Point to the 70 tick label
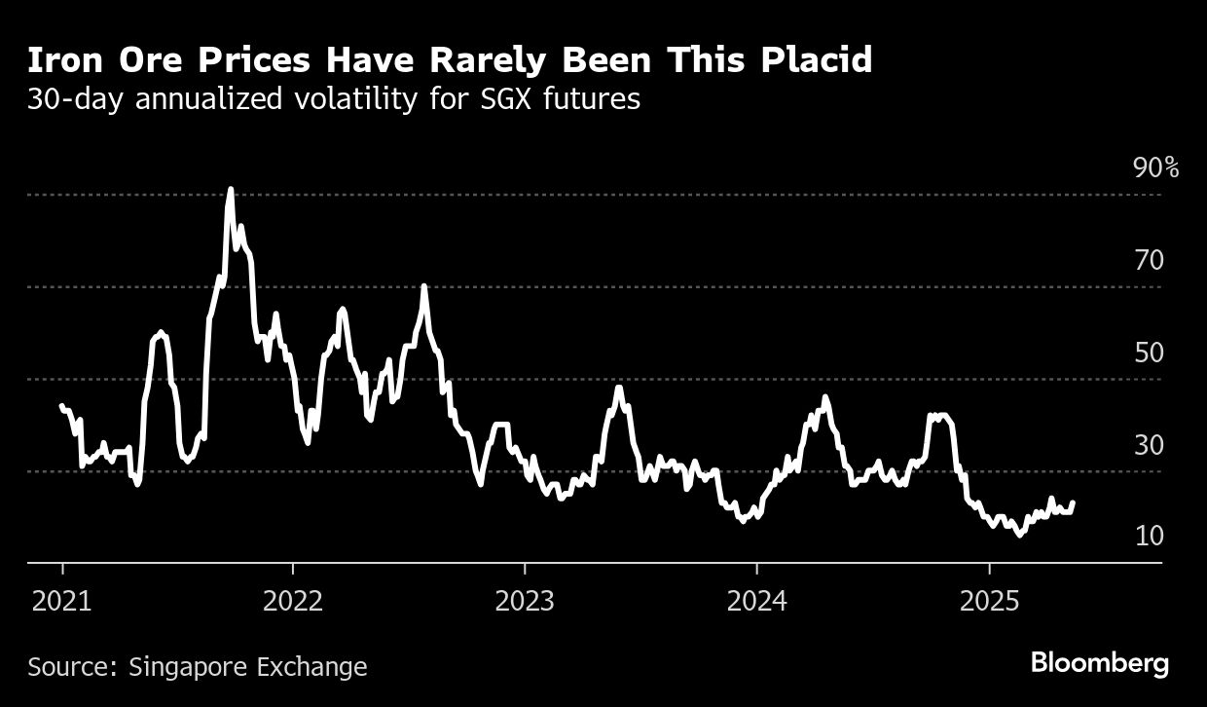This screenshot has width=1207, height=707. pos(1149,261)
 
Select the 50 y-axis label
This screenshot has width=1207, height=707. pos(1149,353)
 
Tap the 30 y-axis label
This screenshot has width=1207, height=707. pos(1149,445)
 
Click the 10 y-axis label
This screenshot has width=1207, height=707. pos(1149,537)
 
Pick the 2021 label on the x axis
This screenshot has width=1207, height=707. pos(61,602)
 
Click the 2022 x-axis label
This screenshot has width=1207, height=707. pos(293,602)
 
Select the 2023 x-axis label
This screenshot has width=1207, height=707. pos(525,602)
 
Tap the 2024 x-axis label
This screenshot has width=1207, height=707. pos(756,602)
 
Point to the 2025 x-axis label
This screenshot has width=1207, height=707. pos(988,602)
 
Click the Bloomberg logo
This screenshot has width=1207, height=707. pos(1100,664)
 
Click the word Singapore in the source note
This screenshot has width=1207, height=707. pos(187,667)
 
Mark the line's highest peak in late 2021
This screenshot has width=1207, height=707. pos(231,189)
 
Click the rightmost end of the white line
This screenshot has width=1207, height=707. pos(1073,503)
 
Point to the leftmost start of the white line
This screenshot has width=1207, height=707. pos(61,405)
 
